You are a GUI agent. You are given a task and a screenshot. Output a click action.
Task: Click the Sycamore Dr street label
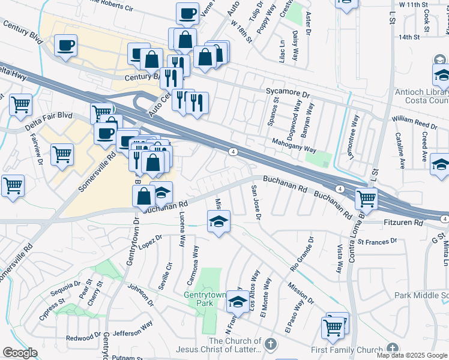point(288,95)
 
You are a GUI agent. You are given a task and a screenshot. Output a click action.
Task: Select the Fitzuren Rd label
point(402,223)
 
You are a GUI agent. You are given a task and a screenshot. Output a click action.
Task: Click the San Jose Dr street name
point(255,202)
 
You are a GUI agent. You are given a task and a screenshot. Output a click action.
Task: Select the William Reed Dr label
point(414,124)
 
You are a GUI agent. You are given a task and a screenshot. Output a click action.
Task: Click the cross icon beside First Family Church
point(392,349)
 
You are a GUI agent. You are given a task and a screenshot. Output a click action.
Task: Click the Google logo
point(20,353)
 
